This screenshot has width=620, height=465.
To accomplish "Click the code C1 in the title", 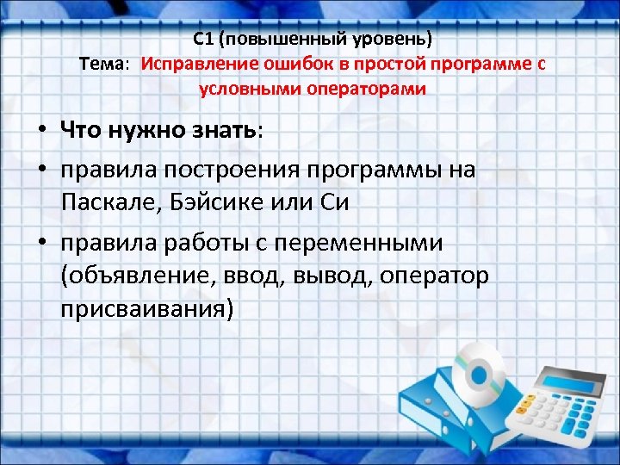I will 204,39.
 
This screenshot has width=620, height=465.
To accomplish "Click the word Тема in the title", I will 102,64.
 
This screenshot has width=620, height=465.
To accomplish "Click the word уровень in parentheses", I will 394,39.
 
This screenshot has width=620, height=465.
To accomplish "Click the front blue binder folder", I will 439,431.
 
